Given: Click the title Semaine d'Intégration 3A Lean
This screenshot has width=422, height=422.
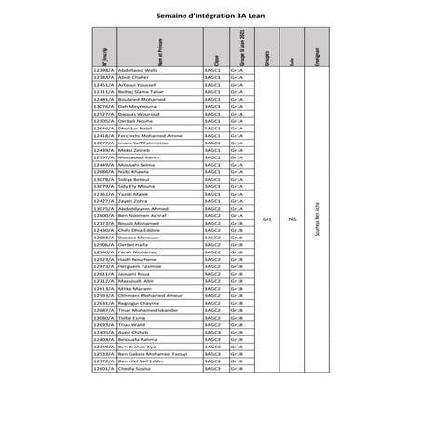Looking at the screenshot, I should tap(210, 16).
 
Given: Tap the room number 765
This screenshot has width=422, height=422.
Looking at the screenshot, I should tap(293, 219).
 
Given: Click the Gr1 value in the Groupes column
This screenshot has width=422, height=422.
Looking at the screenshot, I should tap(267, 219).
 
